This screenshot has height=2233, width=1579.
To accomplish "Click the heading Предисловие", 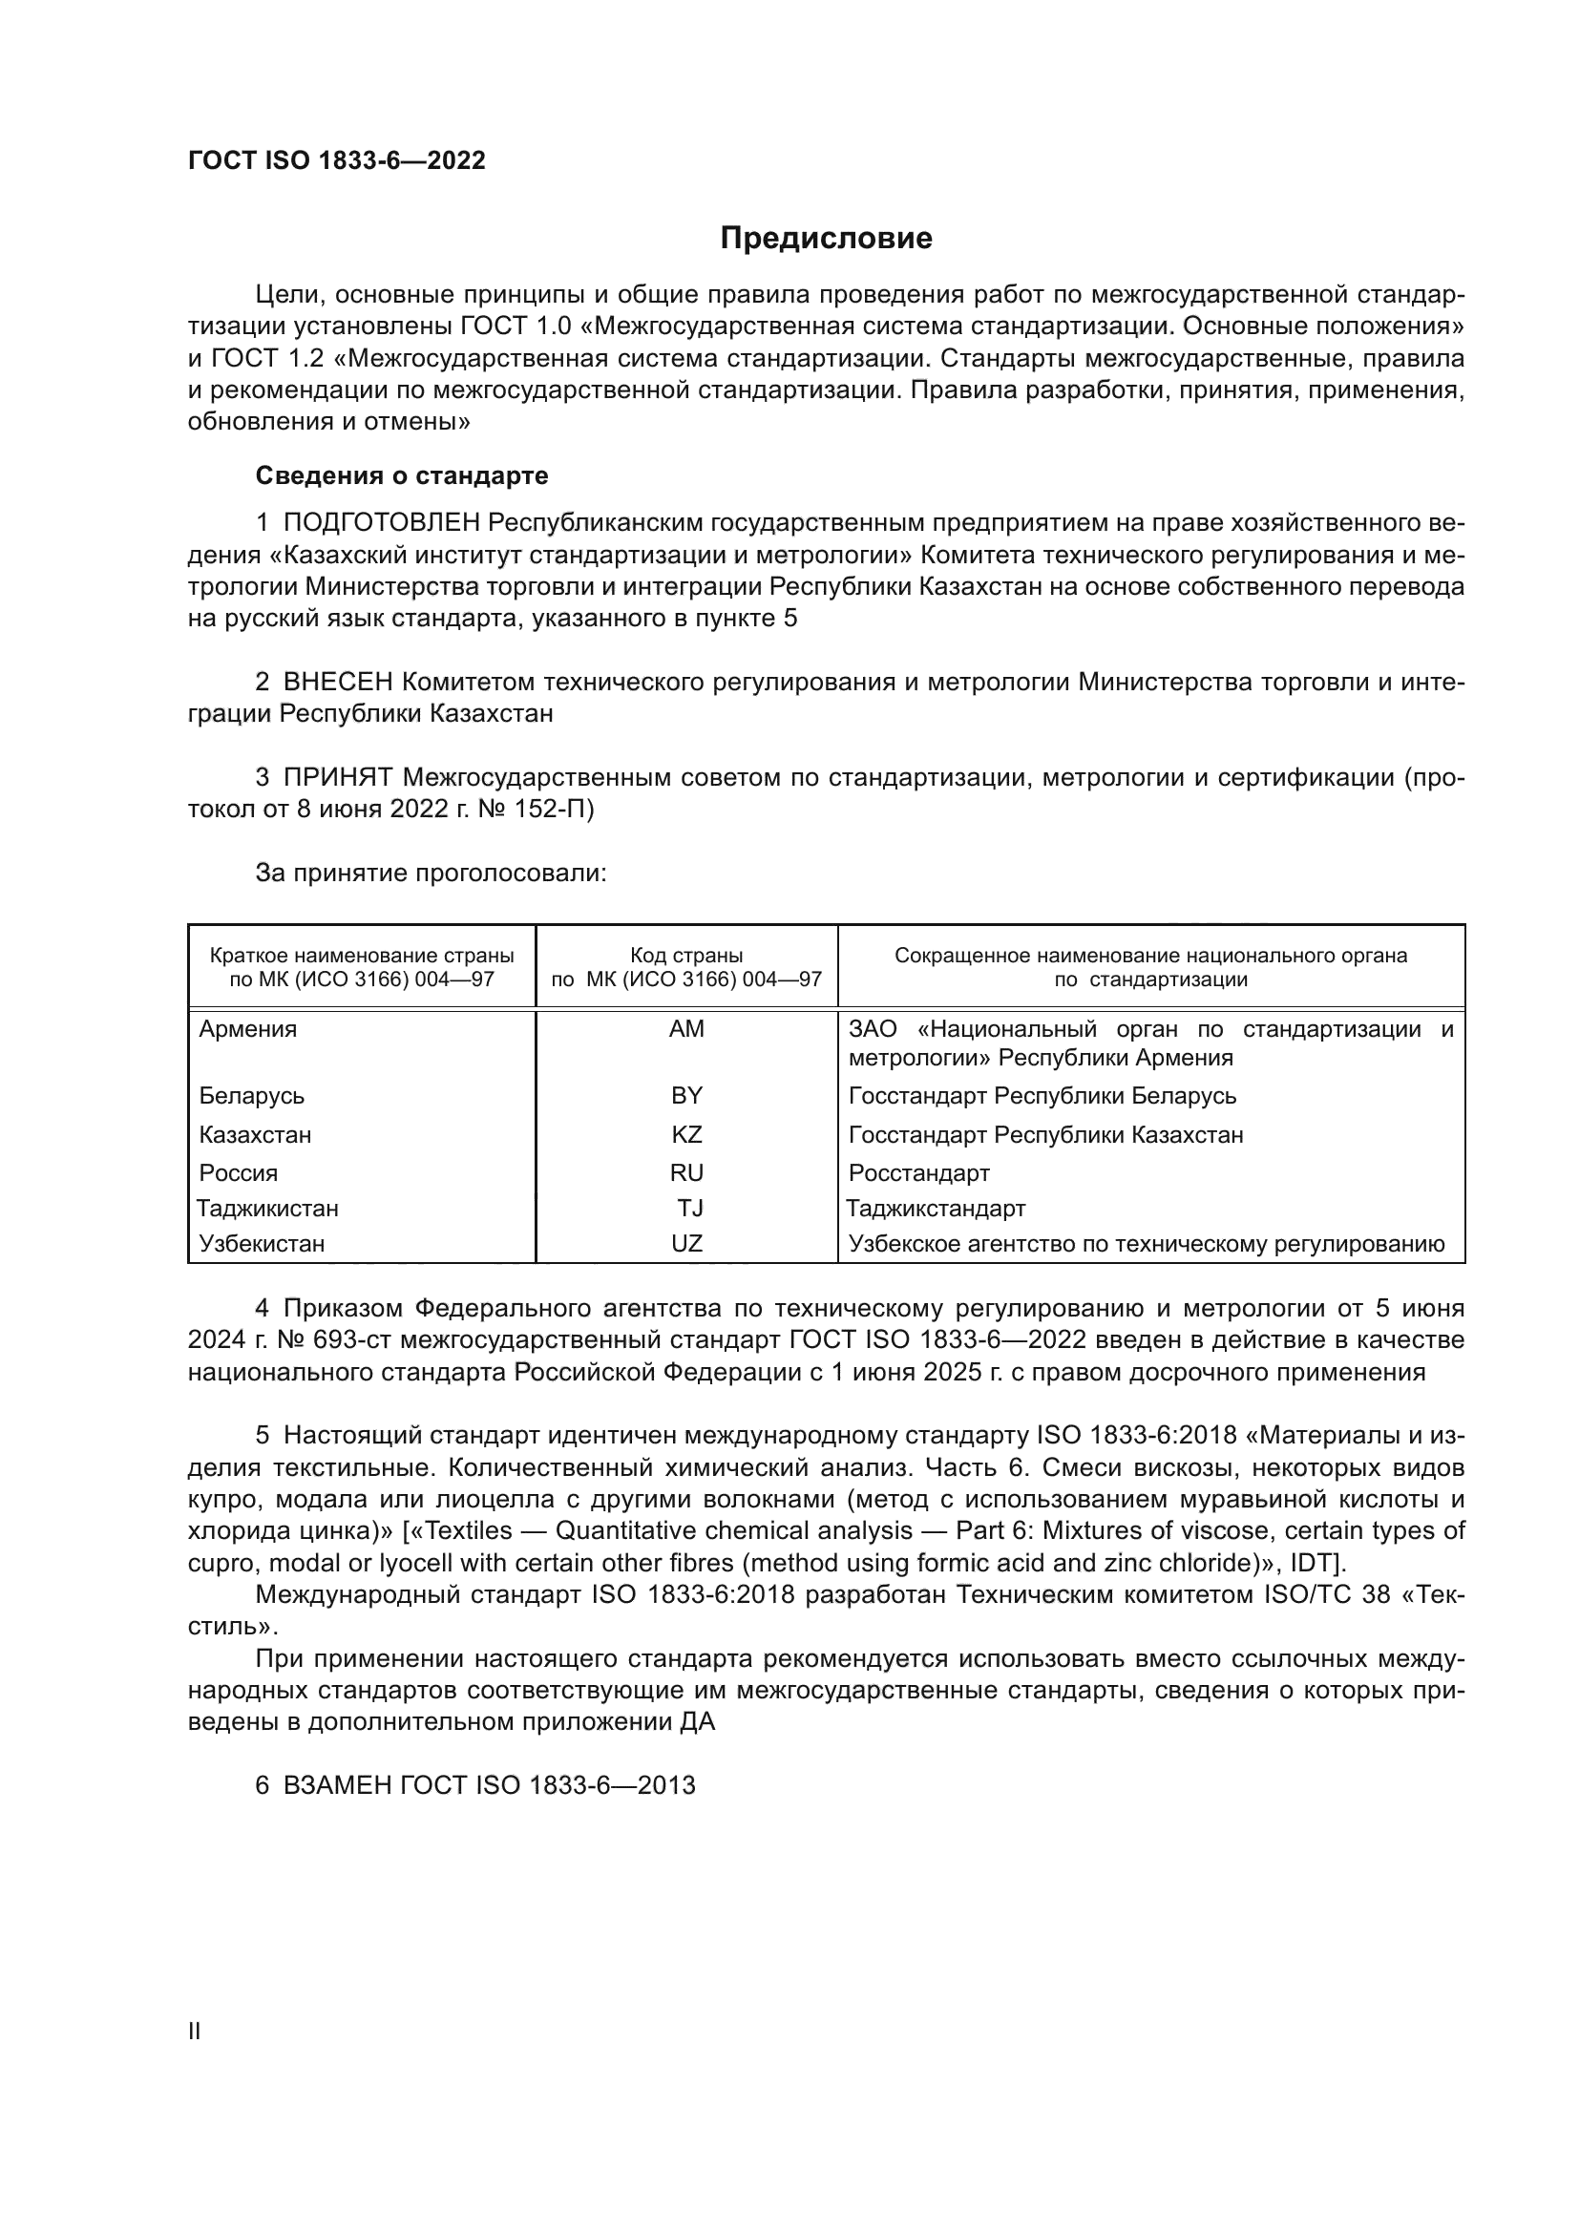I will tap(826, 239).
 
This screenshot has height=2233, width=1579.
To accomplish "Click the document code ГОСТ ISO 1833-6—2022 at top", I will tap(336, 161).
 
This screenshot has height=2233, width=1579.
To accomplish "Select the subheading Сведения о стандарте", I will tap(402, 475).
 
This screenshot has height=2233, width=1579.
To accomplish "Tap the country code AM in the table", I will tap(686, 1029).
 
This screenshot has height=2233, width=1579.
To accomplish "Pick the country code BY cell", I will tap(686, 1096).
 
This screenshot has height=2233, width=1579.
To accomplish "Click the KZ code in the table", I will tap(686, 1135).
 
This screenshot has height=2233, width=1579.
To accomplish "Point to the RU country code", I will tap(686, 1173).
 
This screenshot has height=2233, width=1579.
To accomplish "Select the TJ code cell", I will tap(690, 1209).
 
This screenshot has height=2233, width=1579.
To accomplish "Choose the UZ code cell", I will tap(686, 1244).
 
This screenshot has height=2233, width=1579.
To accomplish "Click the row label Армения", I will tap(248, 1029).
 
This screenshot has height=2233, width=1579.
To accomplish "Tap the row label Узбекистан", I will tap(262, 1244).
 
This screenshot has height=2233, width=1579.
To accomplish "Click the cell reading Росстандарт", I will tap(918, 1173).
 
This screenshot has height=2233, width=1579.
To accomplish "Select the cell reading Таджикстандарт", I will tap(936, 1209).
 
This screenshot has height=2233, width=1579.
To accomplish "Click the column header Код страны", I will tap(686, 956).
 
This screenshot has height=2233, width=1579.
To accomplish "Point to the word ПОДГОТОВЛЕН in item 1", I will tap(381, 523).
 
